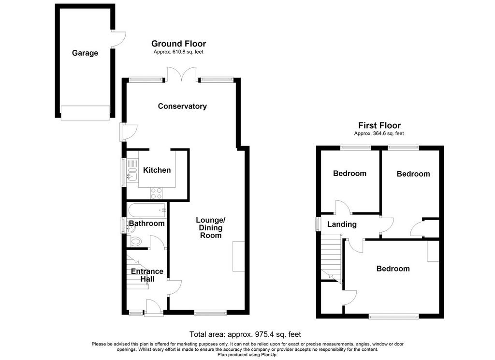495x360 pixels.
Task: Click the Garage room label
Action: pos(85,53)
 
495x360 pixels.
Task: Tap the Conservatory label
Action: pos(182,106)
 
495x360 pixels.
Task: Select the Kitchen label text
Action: pos(157,170)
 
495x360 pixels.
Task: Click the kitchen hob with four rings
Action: pos(157,194)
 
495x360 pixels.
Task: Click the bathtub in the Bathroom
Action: pos(146,210)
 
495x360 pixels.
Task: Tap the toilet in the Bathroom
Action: pos(135,242)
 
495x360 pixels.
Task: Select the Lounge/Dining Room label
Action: pos(211,227)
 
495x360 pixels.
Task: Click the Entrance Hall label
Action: pos(147,275)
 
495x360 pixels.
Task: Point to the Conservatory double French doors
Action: pos(182,74)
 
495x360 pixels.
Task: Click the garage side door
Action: pos(119,39)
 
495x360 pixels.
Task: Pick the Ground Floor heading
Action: pos(179,44)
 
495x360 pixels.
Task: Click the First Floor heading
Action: pos(379,125)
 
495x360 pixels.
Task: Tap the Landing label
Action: pos(342,225)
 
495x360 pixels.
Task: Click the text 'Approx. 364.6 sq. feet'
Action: pos(379,134)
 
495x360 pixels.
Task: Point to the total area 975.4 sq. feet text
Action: pos(245,334)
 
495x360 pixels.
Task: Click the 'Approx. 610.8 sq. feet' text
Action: pos(178,52)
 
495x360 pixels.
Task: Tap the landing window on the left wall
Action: pos(319,223)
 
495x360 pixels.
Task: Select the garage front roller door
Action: pos(85,113)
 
